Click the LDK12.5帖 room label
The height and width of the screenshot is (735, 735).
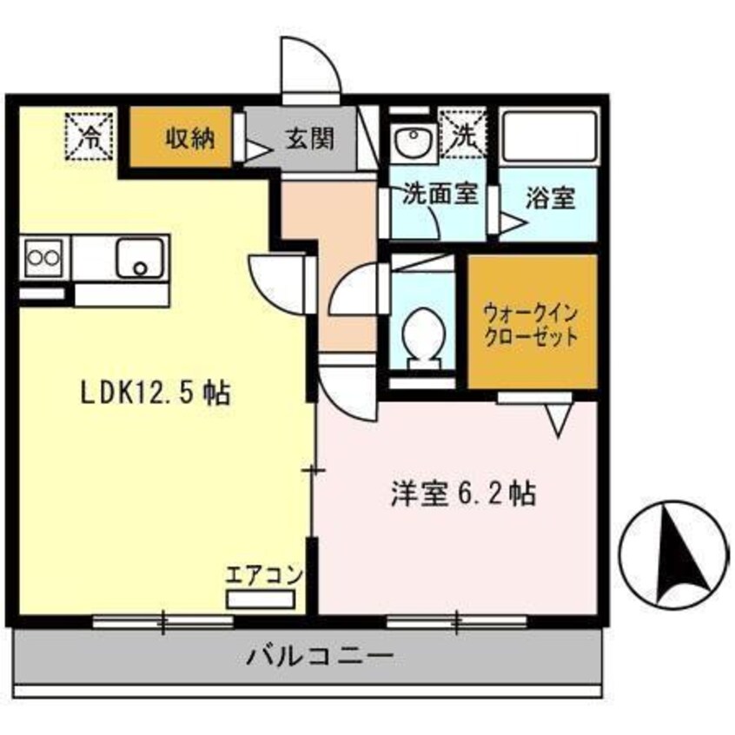point(156,394)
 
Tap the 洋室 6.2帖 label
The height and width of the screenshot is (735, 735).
point(460,493)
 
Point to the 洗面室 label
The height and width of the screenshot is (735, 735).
point(440,195)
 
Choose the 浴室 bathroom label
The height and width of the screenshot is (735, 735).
point(549,198)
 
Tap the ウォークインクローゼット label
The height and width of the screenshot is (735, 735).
point(531,323)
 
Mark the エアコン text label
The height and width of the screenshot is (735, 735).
point(263,575)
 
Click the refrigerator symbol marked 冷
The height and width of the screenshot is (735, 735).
point(90,134)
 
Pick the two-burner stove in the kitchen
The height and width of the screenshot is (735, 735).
point(43,257)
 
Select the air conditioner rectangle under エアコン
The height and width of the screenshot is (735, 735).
point(261,599)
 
